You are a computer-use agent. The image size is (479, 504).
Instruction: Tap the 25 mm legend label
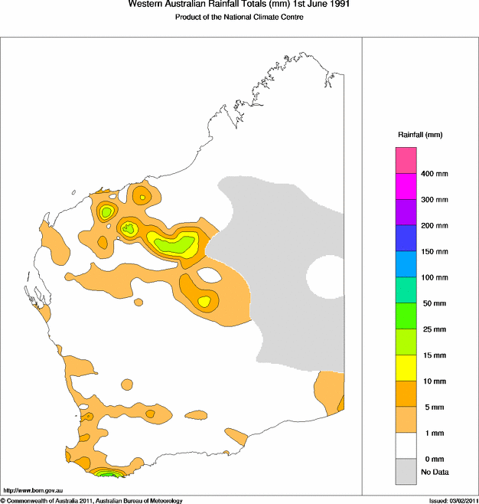click(x=432, y=329)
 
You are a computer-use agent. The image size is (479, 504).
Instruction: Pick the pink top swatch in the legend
click(x=406, y=160)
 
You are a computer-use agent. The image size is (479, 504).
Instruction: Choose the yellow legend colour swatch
click(x=406, y=368)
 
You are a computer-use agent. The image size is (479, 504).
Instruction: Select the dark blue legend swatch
click(x=406, y=238)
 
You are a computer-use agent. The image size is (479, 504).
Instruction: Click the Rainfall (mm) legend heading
click(x=420, y=135)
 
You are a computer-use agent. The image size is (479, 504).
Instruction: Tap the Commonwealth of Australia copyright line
click(x=92, y=500)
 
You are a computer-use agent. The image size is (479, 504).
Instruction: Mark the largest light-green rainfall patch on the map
click(x=175, y=245)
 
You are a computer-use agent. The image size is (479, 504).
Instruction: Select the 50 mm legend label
click(x=432, y=303)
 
